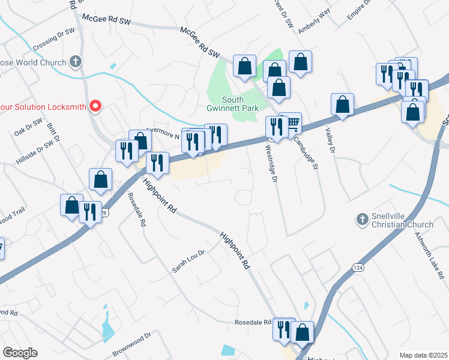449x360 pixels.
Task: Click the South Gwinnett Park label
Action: (240, 104)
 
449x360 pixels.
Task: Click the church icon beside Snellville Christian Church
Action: (361, 220)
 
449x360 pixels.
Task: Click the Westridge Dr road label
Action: (271, 163)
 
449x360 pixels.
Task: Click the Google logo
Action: (20, 353)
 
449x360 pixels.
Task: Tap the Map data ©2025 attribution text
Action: (423, 355)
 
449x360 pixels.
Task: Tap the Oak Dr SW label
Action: (28, 125)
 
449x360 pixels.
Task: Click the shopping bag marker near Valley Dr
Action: (342, 104)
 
